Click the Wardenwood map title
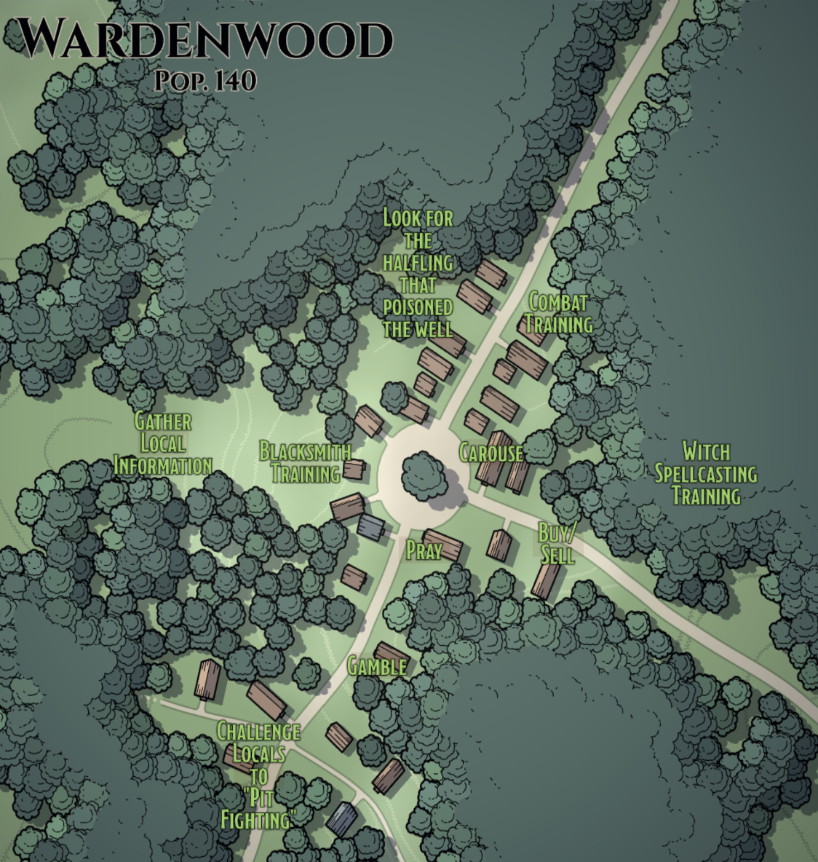203,40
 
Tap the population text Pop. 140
205,81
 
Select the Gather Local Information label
163,443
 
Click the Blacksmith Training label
305,462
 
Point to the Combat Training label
558,312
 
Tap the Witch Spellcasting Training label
705,473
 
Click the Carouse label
491,453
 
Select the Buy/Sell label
557,543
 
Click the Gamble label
376,666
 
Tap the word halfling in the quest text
418,262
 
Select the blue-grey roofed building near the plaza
370,526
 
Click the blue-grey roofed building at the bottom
341,818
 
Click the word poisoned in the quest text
418,307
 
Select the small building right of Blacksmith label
354,469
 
